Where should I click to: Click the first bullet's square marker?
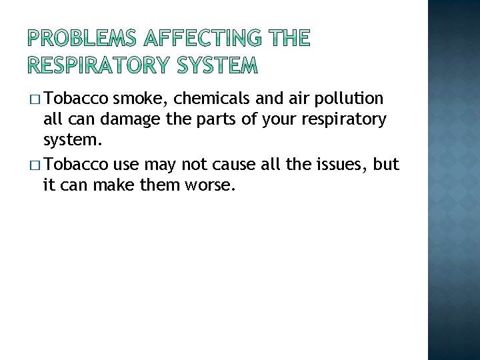(x=35, y=100)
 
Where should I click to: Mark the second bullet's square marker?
(x=35, y=165)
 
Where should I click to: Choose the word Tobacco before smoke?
(x=77, y=99)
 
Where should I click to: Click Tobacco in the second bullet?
(x=77, y=164)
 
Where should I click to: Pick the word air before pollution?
(x=294, y=99)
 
